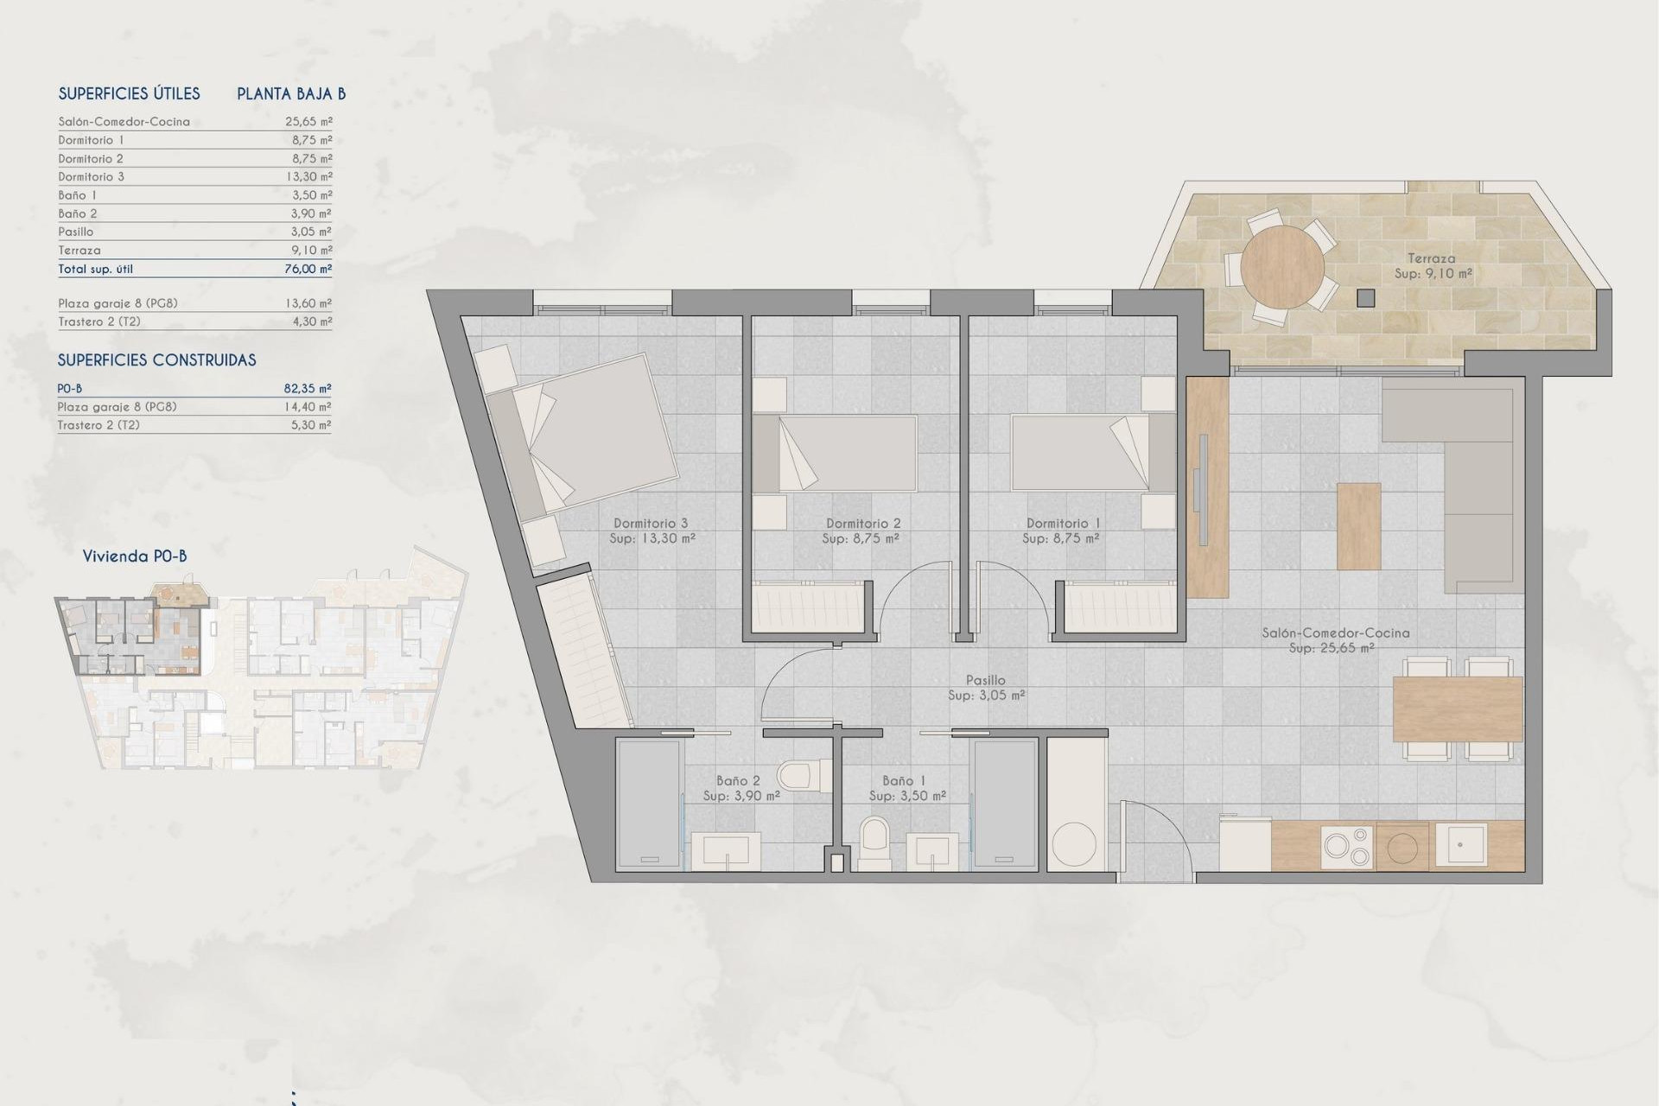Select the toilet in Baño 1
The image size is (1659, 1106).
(874, 842)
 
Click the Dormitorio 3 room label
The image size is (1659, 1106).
(651, 523)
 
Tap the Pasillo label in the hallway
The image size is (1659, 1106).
(985, 681)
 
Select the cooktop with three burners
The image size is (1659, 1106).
(1347, 846)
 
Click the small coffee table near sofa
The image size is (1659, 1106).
(1358, 525)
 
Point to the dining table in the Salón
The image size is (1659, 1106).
(1457, 709)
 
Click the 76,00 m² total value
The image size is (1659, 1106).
(308, 269)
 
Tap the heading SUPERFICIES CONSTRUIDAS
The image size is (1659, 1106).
(157, 360)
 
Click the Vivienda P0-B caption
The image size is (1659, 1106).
(135, 556)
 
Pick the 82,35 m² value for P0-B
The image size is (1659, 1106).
(308, 389)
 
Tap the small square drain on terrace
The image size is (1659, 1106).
(1365, 298)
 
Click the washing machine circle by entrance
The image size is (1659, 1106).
(1076, 844)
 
